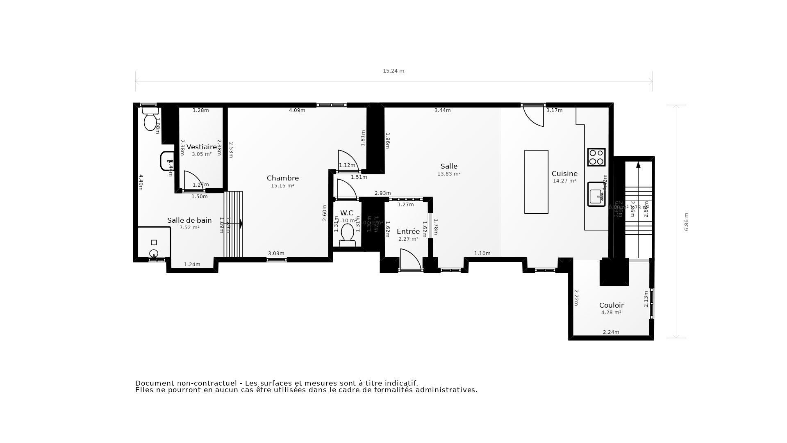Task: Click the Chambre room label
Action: click(282, 178)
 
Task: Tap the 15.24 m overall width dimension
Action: click(393, 71)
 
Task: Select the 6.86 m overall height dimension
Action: click(687, 221)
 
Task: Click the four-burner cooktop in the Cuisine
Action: click(596, 157)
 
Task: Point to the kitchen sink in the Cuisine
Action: click(596, 194)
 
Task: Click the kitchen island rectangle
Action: click(536, 182)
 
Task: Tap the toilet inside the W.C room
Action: click(347, 233)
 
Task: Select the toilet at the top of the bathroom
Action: click(150, 118)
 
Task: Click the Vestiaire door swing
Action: click(192, 181)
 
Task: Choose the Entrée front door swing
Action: click(409, 259)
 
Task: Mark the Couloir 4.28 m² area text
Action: click(611, 313)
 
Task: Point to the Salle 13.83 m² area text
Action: click(448, 174)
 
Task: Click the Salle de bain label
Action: click(189, 220)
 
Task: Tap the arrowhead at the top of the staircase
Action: click(638, 164)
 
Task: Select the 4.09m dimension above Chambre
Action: click(297, 110)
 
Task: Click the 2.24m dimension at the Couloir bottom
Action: click(611, 332)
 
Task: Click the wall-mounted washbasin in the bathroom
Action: click(166, 161)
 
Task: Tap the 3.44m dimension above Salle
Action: click(442, 110)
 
